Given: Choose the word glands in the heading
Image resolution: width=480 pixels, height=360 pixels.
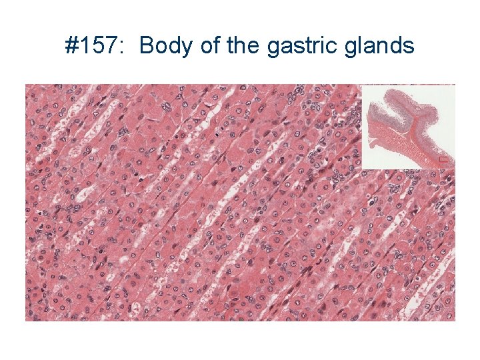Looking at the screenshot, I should (x=379, y=46).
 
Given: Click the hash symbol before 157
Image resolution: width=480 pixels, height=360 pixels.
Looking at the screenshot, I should (x=71, y=46).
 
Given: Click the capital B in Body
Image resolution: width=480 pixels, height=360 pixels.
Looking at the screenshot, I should (x=147, y=46).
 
